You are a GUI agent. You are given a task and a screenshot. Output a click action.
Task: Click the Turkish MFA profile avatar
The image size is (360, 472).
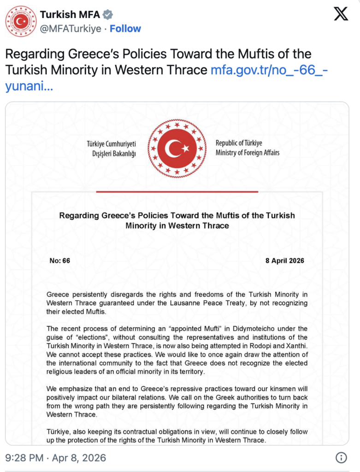pyautogui.click(x=21, y=22)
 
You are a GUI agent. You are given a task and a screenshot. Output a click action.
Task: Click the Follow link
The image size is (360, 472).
pyautogui.click(x=125, y=29)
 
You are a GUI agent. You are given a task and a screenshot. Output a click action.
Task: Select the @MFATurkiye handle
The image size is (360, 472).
pyautogui.click(x=71, y=29)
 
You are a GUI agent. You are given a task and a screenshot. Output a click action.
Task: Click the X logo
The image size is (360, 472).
pyautogui.click(x=341, y=15)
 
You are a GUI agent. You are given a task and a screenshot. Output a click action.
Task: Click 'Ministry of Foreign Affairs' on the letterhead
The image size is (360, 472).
pyautogui.click(x=248, y=153)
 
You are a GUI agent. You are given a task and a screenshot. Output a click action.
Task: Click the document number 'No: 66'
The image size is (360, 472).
pyautogui.click(x=60, y=261)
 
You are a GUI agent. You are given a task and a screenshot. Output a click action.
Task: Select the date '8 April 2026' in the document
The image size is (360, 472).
pyautogui.click(x=285, y=261)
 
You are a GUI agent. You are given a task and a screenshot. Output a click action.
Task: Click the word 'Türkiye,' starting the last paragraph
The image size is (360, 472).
pyautogui.click(x=59, y=432)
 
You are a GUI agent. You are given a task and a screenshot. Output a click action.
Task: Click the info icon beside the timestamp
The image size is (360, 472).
pyautogui.click(x=341, y=458)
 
